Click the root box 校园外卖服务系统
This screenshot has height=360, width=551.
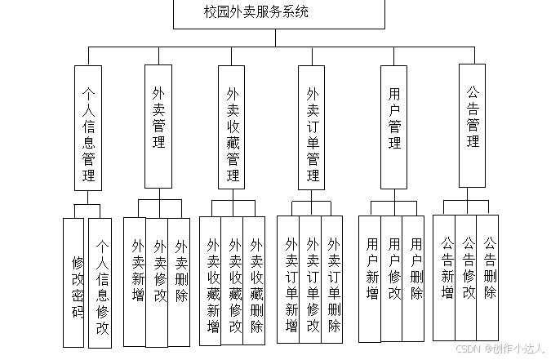(x=278, y=14)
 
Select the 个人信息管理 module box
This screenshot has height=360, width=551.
(x=87, y=127)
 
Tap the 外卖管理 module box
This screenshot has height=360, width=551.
(x=158, y=127)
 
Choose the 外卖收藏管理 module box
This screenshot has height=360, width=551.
(x=233, y=127)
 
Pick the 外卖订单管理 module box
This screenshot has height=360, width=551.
(x=313, y=127)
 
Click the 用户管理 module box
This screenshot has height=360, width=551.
(x=394, y=127)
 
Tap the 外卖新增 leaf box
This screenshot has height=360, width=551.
(x=136, y=281)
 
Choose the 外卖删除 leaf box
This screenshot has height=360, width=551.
(x=180, y=281)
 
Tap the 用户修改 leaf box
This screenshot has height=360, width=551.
(x=393, y=278)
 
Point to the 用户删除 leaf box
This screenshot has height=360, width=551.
(x=414, y=278)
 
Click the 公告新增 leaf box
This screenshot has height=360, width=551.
(x=445, y=276)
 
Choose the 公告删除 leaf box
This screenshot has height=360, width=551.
(x=488, y=276)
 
